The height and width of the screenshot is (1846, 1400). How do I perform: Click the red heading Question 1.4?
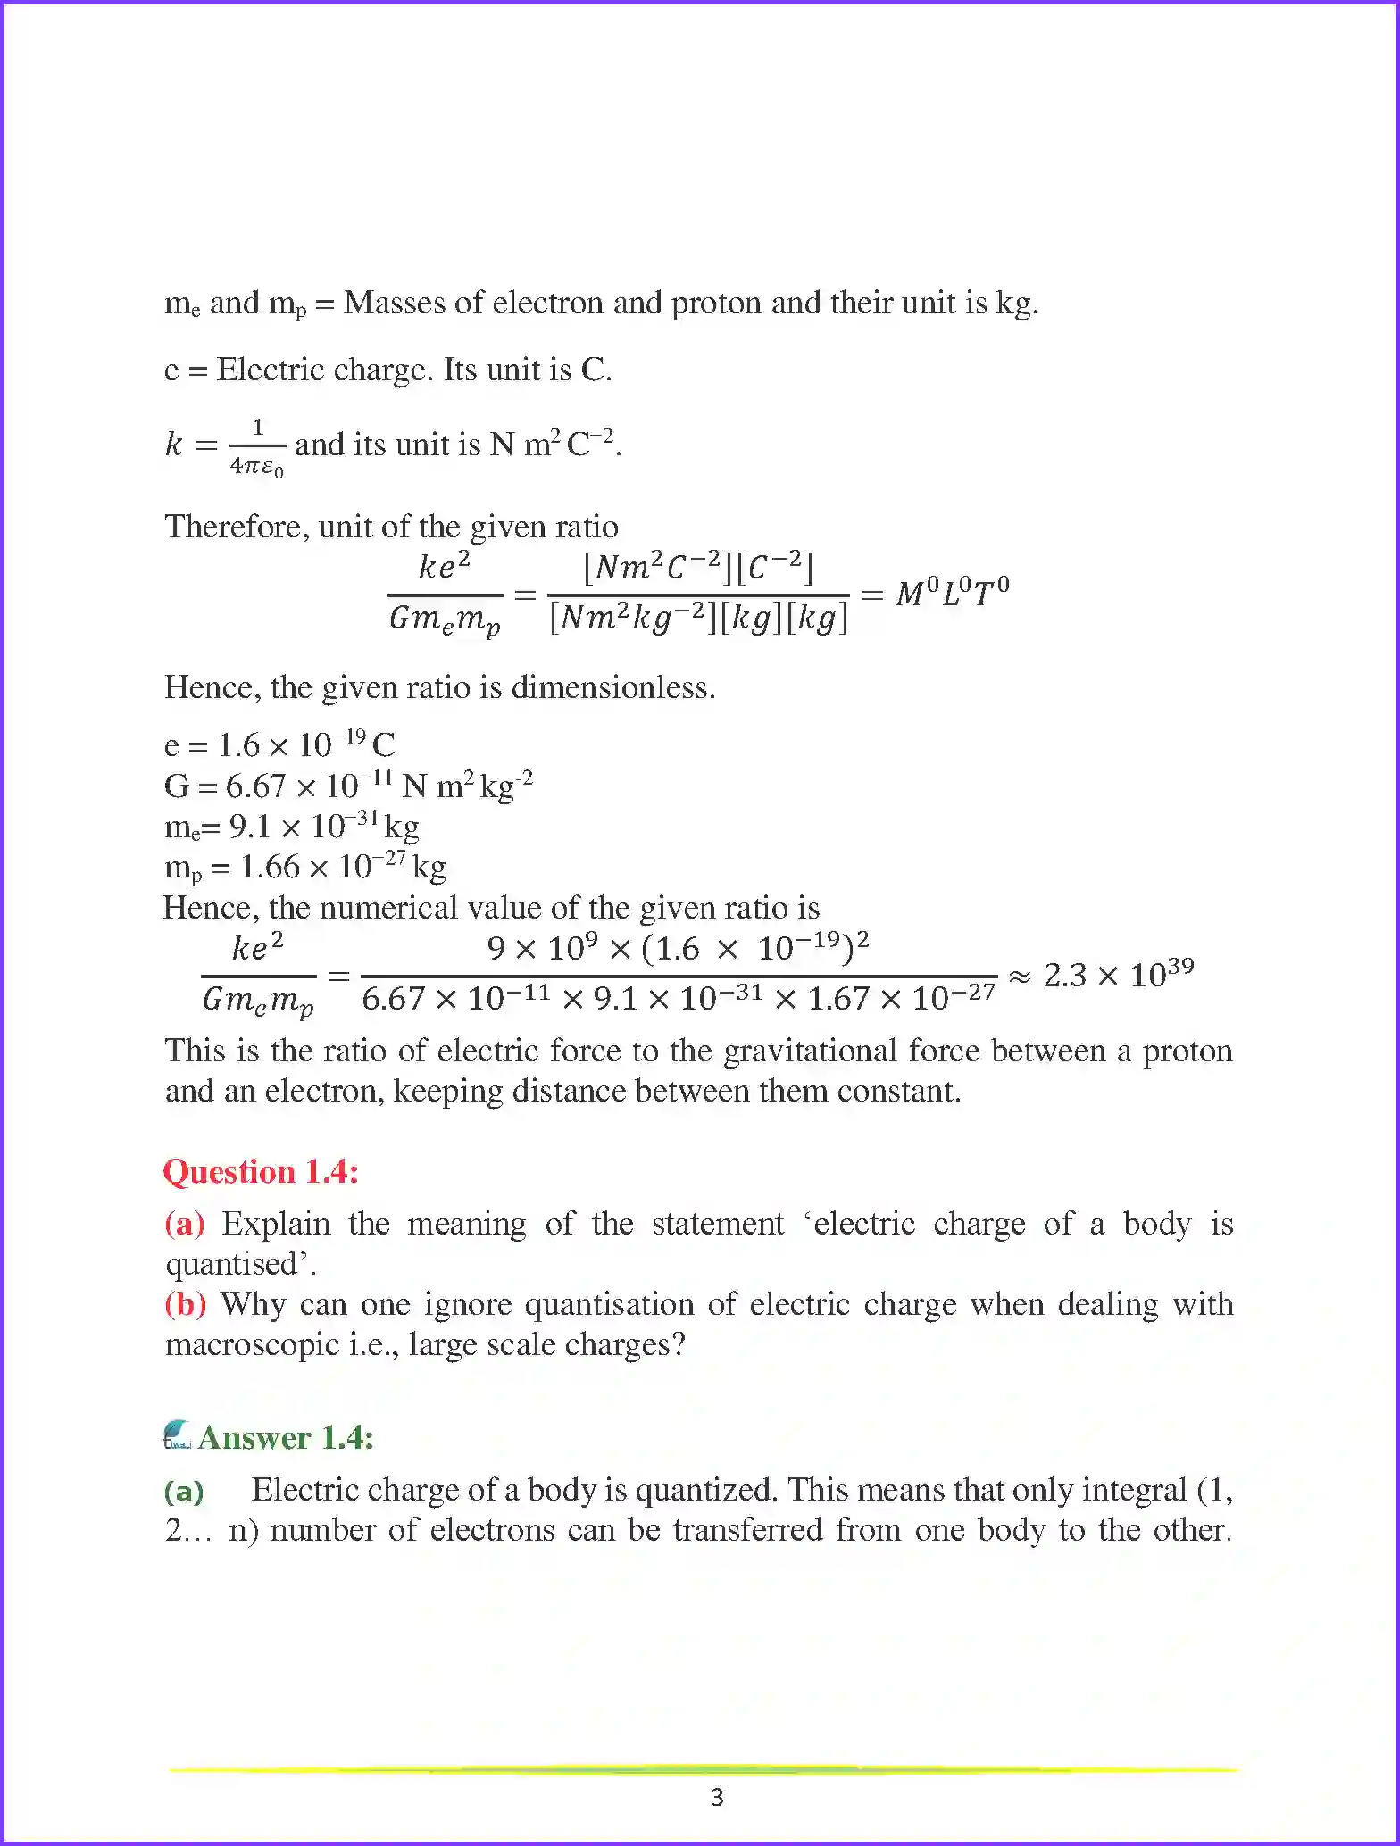coord(261,1172)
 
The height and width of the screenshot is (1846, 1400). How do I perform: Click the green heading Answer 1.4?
coord(286,1438)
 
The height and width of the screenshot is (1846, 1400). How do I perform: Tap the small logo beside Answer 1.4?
coord(179,1435)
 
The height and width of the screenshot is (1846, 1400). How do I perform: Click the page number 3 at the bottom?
coord(717,1797)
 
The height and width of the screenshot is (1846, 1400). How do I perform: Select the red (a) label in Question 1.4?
coord(185,1224)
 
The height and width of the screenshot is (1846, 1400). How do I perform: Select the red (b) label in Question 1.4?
coord(186,1305)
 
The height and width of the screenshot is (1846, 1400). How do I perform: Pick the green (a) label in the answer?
coord(184,1491)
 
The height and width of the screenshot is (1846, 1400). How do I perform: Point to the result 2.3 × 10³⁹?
coord(1118,974)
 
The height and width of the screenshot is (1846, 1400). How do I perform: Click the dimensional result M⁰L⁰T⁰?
coord(953,592)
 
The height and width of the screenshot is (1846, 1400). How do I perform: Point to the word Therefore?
coord(236,527)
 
